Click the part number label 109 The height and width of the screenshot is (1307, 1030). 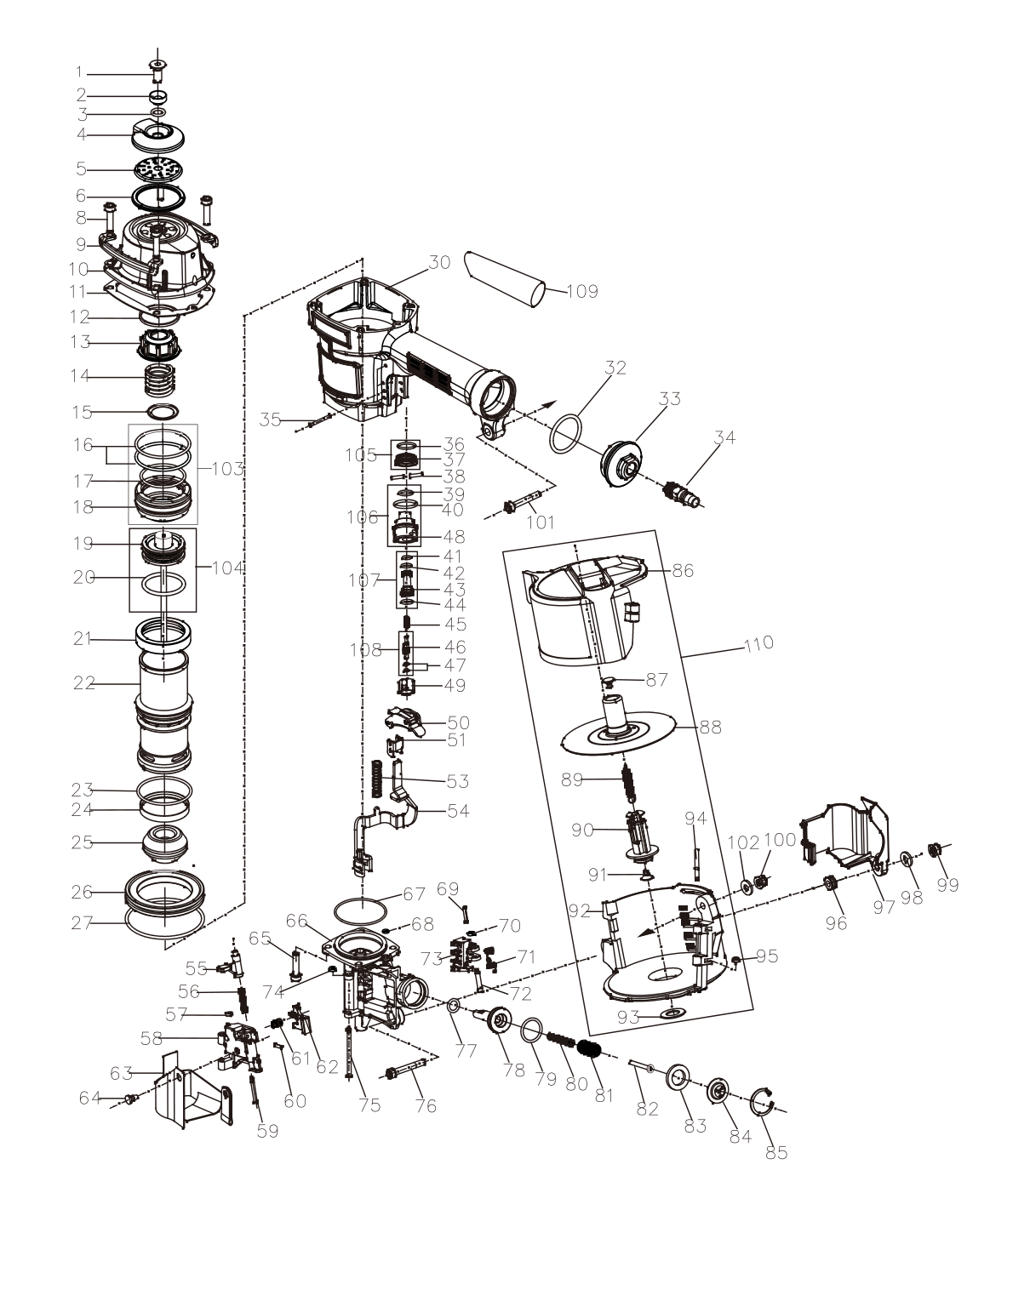[581, 292]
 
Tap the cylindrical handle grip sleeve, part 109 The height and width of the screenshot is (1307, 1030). [505, 279]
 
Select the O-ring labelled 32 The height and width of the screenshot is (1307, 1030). [566, 434]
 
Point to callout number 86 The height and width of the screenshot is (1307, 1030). [683, 570]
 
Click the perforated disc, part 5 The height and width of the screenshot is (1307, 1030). [158, 168]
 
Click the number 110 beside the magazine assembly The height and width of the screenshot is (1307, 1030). [759, 642]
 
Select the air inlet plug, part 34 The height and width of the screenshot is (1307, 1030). [683, 494]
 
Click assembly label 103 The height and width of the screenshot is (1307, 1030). [228, 468]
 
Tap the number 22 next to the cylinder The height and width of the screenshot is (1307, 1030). [84, 683]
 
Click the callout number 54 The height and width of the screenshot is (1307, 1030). [458, 811]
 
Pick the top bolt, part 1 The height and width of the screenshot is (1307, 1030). [158, 71]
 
